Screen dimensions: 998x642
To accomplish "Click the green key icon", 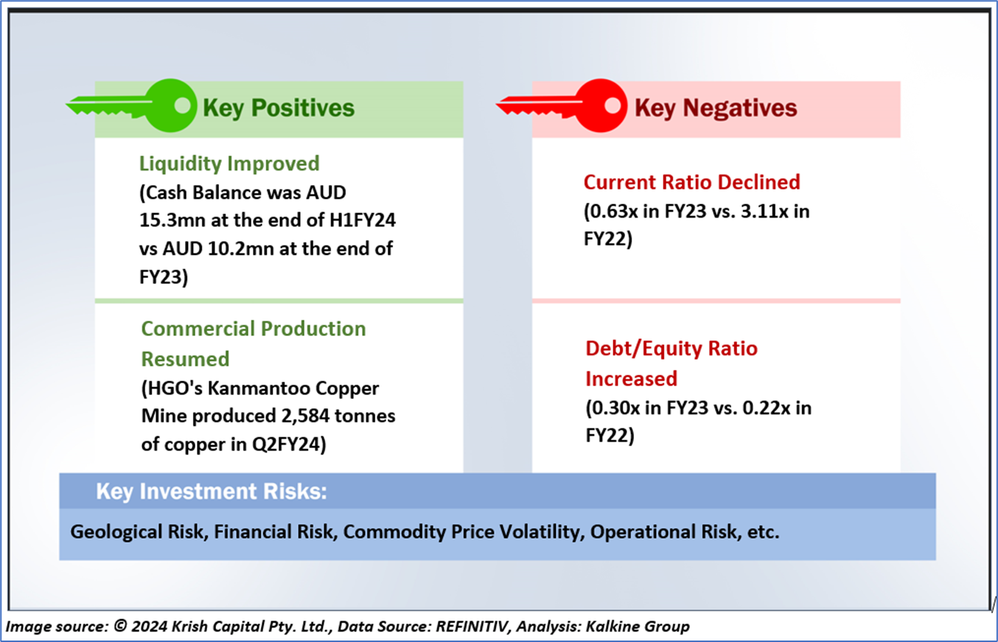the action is pos(132,106).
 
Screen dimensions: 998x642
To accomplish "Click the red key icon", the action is pos(562,106).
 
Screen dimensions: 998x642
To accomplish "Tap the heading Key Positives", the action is pos(279,108).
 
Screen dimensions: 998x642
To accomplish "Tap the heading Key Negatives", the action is pos(716,108).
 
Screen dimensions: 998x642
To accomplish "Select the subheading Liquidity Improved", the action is pos(229,164).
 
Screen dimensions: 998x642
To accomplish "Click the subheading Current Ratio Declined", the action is pos(692,182).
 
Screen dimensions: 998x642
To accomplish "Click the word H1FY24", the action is pos(362,220).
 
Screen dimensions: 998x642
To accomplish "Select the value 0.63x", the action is pos(617,212).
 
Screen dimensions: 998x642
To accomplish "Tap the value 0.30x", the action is pos(619,408).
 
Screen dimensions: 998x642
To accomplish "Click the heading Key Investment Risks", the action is pos(212,492).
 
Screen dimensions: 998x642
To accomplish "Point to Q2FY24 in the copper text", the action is pos(289,444).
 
